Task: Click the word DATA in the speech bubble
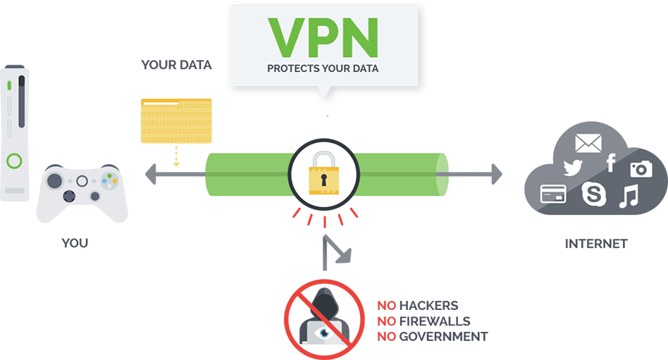tap(364, 69)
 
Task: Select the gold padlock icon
tap(323, 173)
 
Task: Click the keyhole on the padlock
tap(323, 181)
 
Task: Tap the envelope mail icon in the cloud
tap(588, 144)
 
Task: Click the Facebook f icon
tap(610, 163)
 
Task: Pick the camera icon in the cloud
tap(641, 169)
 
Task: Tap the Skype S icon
tap(593, 194)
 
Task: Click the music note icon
tap(627, 197)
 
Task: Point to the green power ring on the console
tap(14, 161)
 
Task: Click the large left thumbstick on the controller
tap(55, 181)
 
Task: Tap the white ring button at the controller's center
tap(82, 181)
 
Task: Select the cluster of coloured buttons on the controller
tap(109, 180)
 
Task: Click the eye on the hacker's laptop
tap(323, 330)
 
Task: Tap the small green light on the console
tap(9, 85)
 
